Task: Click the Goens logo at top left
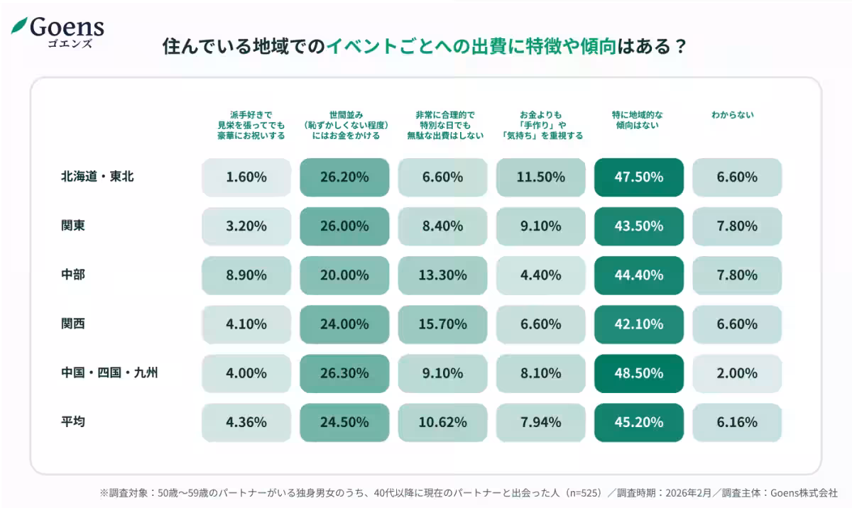click(58, 31)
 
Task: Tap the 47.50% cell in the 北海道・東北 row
click(639, 177)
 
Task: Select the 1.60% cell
click(246, 177)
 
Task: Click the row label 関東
click(73, 226)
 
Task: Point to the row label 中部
click(73, 275)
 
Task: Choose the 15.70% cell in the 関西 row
click(443, 324)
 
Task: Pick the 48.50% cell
click(639, 373)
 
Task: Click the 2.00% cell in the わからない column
click(737, 373)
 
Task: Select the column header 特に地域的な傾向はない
click(638, 120)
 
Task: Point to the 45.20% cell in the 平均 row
click(639, 422)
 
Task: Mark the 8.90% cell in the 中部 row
click(246, 275)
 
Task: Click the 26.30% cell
click(344, 373)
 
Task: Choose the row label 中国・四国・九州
click(109, 372)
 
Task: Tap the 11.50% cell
click(541, 177)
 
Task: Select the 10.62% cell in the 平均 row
click(443, 422)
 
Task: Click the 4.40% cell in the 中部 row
click(541, 275)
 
